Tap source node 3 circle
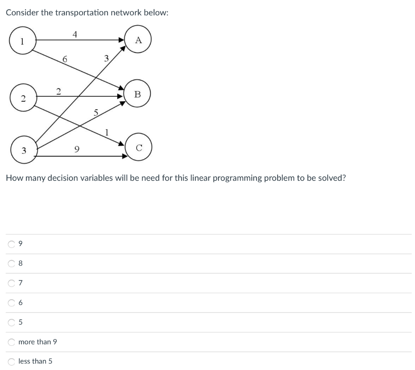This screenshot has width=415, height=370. [24, 150]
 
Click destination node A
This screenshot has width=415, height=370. [139, 40]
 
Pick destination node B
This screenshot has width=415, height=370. [137, 94]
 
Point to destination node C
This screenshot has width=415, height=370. [139, 148]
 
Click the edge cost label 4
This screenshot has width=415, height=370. [75, 34]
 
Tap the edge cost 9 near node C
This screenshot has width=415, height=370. [77, 149]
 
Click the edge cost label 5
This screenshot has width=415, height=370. [96, 113]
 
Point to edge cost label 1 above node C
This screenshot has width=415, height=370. [107, 132]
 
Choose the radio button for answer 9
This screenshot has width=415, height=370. [11, 244]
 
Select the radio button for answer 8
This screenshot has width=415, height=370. [11, 264]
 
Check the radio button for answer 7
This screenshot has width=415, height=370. [11, 283]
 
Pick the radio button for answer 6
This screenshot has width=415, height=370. [11, 302]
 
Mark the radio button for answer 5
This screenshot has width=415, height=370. [11, 322]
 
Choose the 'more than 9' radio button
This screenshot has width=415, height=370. [11, 342]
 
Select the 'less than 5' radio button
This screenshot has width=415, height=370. [11, 361]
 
